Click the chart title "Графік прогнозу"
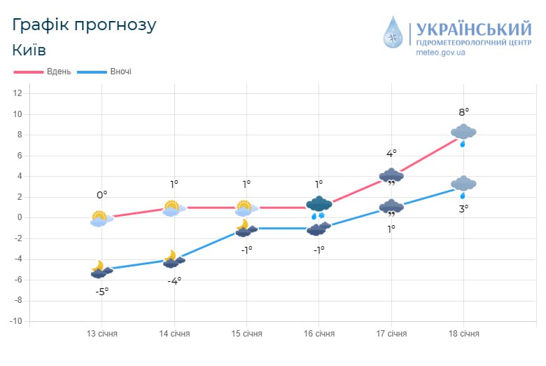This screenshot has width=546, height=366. pos(84,25)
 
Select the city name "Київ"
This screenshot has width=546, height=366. pos(29,50)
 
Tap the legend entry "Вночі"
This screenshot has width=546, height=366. pos(120,72)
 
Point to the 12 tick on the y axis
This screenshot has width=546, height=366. pos(18,93)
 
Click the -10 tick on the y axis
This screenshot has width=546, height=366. pos(17,321)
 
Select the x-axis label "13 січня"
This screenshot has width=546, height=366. pos(101,334)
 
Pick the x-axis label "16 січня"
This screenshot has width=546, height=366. pos(318,334)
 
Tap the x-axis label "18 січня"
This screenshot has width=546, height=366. pos(463,334)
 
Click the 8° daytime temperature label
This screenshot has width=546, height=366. pos(463,111)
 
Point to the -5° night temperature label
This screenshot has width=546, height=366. pos(101,291)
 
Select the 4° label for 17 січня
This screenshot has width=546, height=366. pos(391,154)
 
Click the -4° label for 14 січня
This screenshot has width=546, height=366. pos(174,280)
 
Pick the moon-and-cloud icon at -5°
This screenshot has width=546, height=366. pos(101,270)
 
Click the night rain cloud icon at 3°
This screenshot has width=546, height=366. pos(463,186)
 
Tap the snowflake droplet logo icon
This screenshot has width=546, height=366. pos(394,33)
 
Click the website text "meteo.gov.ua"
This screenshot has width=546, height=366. pos(440,52)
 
